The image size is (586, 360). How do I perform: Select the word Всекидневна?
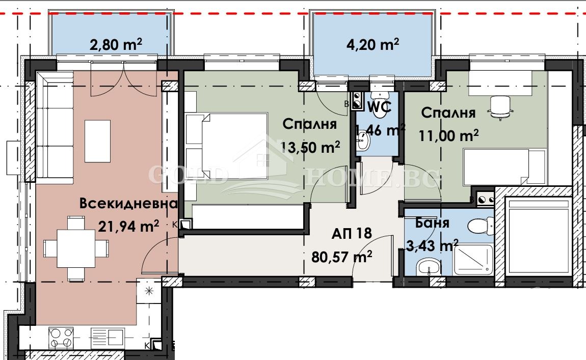coord(128,204)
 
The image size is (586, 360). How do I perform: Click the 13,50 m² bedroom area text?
coord(310,147)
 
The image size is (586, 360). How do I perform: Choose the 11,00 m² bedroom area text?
coord(448,135)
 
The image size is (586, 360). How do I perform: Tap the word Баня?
coord(432,223)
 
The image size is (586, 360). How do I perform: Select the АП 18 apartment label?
coord(351,233)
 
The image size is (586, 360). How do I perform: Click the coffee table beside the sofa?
coord(97,141)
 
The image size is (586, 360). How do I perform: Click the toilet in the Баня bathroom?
coord(481,224)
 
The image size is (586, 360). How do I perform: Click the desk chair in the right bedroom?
coord(499,107)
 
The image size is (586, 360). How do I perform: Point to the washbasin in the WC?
coord(363,140)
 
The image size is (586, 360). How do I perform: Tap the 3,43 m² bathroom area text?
coord(431,246)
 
